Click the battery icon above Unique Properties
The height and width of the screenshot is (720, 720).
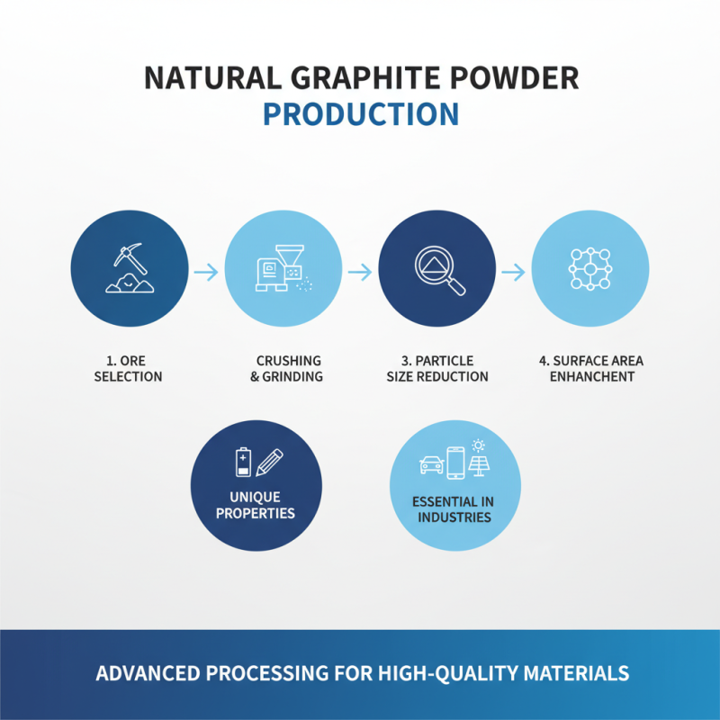click(x=242, y=463)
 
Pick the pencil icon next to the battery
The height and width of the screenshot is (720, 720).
click(x=269, y=462)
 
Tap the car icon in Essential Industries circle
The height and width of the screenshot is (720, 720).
click(x=432, y=464)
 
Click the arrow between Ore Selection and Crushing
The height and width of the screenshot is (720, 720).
click(x=206, y=271)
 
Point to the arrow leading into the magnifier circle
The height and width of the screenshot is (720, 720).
click(x=360, y=271)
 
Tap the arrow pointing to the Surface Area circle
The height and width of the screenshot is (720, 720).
click(x=513, y=271)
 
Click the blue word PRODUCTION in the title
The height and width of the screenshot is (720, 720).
click(x=360, y=115)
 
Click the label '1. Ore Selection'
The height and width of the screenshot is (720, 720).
click(x=129, y=369)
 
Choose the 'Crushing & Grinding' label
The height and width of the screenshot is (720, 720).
click(x=286, y=369)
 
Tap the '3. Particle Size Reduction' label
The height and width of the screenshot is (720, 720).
click(x=437, y=369)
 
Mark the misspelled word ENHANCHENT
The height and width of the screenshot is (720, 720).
click(x=590, y=376)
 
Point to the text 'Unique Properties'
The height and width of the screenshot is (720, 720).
click(x=256, y=505)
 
